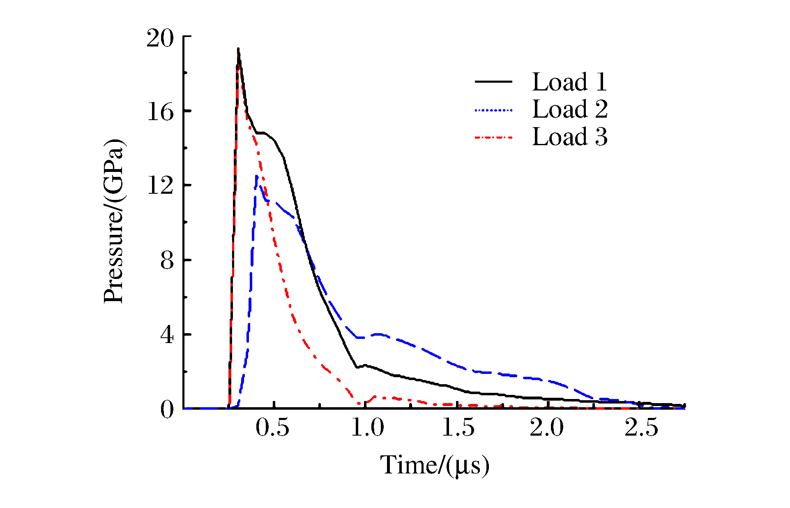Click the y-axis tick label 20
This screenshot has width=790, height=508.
(x=160, y=39)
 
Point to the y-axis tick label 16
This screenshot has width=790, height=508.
(x=160, y=112)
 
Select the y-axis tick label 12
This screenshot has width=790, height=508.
(x=160, y=186)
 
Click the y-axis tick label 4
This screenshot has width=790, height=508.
(x=167, y=336)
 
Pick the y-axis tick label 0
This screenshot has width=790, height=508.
(x=167, y=410)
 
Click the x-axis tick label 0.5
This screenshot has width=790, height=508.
(x=272, y=428)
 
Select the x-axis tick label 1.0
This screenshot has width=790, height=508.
(x=368, y=428)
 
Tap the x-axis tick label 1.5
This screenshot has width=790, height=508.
(x=458, y=428)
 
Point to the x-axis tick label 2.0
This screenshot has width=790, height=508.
(x=547, y=428)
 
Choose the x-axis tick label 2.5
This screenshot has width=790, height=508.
(x=641, y=428)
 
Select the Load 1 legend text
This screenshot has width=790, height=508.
(x=569, y=82)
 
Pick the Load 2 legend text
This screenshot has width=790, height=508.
(x=569, y=109)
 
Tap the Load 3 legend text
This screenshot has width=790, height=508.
(x=569, y=137)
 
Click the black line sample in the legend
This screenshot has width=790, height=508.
(x=493, y=82)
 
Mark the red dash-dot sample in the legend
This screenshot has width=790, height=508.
(x=493, y=137)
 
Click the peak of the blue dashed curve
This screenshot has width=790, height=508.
(x=257, y=176)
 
